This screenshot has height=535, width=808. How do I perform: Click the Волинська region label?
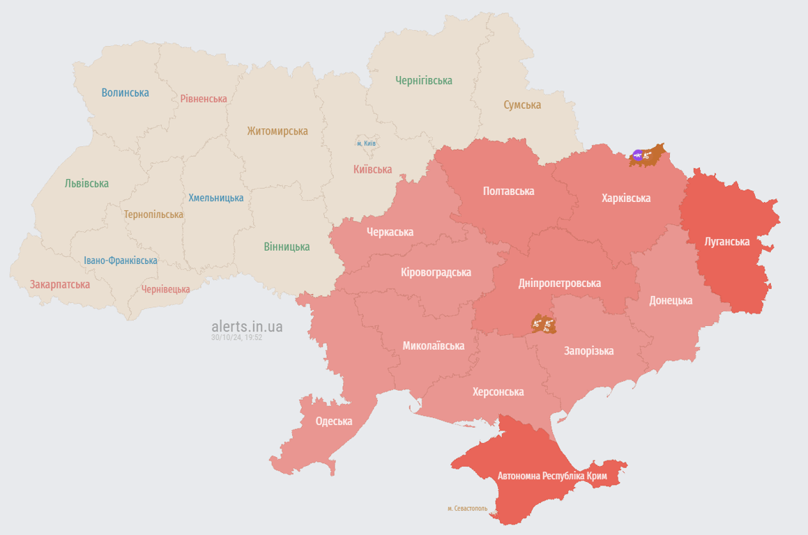[125, 92]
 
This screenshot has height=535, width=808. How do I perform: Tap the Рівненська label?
[204, 99]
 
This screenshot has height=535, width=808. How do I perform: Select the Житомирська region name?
[277, 131]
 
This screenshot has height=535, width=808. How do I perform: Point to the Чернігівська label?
[424, 81]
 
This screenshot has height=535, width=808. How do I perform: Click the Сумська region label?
[522, 105]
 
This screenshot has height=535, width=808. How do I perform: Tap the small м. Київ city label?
[367, 144]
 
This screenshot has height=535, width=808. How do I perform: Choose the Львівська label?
[86, 183]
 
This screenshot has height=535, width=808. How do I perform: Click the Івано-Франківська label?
[121, 261]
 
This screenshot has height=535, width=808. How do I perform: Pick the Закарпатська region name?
[60, 284]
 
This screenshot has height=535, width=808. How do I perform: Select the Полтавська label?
[509, 191]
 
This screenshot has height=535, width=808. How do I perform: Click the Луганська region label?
[727, 242]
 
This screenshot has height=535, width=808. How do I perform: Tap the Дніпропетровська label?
[560, 284]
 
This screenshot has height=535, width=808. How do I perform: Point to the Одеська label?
[334, 421]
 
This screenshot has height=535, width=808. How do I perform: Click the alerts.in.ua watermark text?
[247, 326]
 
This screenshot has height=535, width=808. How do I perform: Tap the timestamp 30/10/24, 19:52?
[237, 337]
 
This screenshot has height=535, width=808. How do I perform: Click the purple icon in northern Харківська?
[637, 155]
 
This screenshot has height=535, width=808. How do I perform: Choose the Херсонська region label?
[498, 392]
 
